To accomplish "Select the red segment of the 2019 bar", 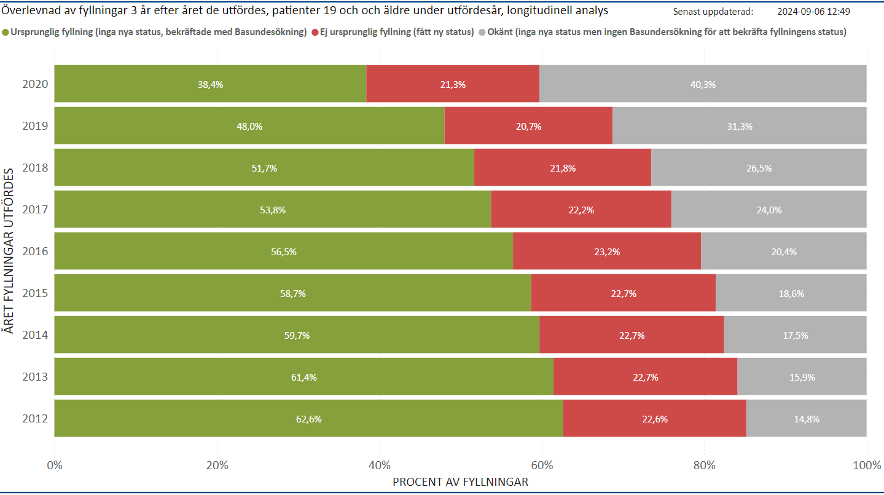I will coord(528,126).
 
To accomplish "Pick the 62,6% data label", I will coord(309,419).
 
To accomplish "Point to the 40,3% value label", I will coord(703,85).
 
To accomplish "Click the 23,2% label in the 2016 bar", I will coord(607,251).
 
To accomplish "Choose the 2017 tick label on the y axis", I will coord(35,210).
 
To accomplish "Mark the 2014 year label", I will coord(35,335).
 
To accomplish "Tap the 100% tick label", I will coord(867,465).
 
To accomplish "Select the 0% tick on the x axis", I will coord(55,465).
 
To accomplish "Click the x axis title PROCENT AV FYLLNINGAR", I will coord(460,482).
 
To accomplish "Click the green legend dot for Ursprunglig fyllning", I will coord(6,33).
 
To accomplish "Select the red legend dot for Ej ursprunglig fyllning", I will coord(316,33).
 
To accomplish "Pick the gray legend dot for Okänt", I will coord(482,33).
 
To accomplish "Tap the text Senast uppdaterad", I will coord(713,11).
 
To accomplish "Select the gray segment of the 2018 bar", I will coord(759,168).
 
